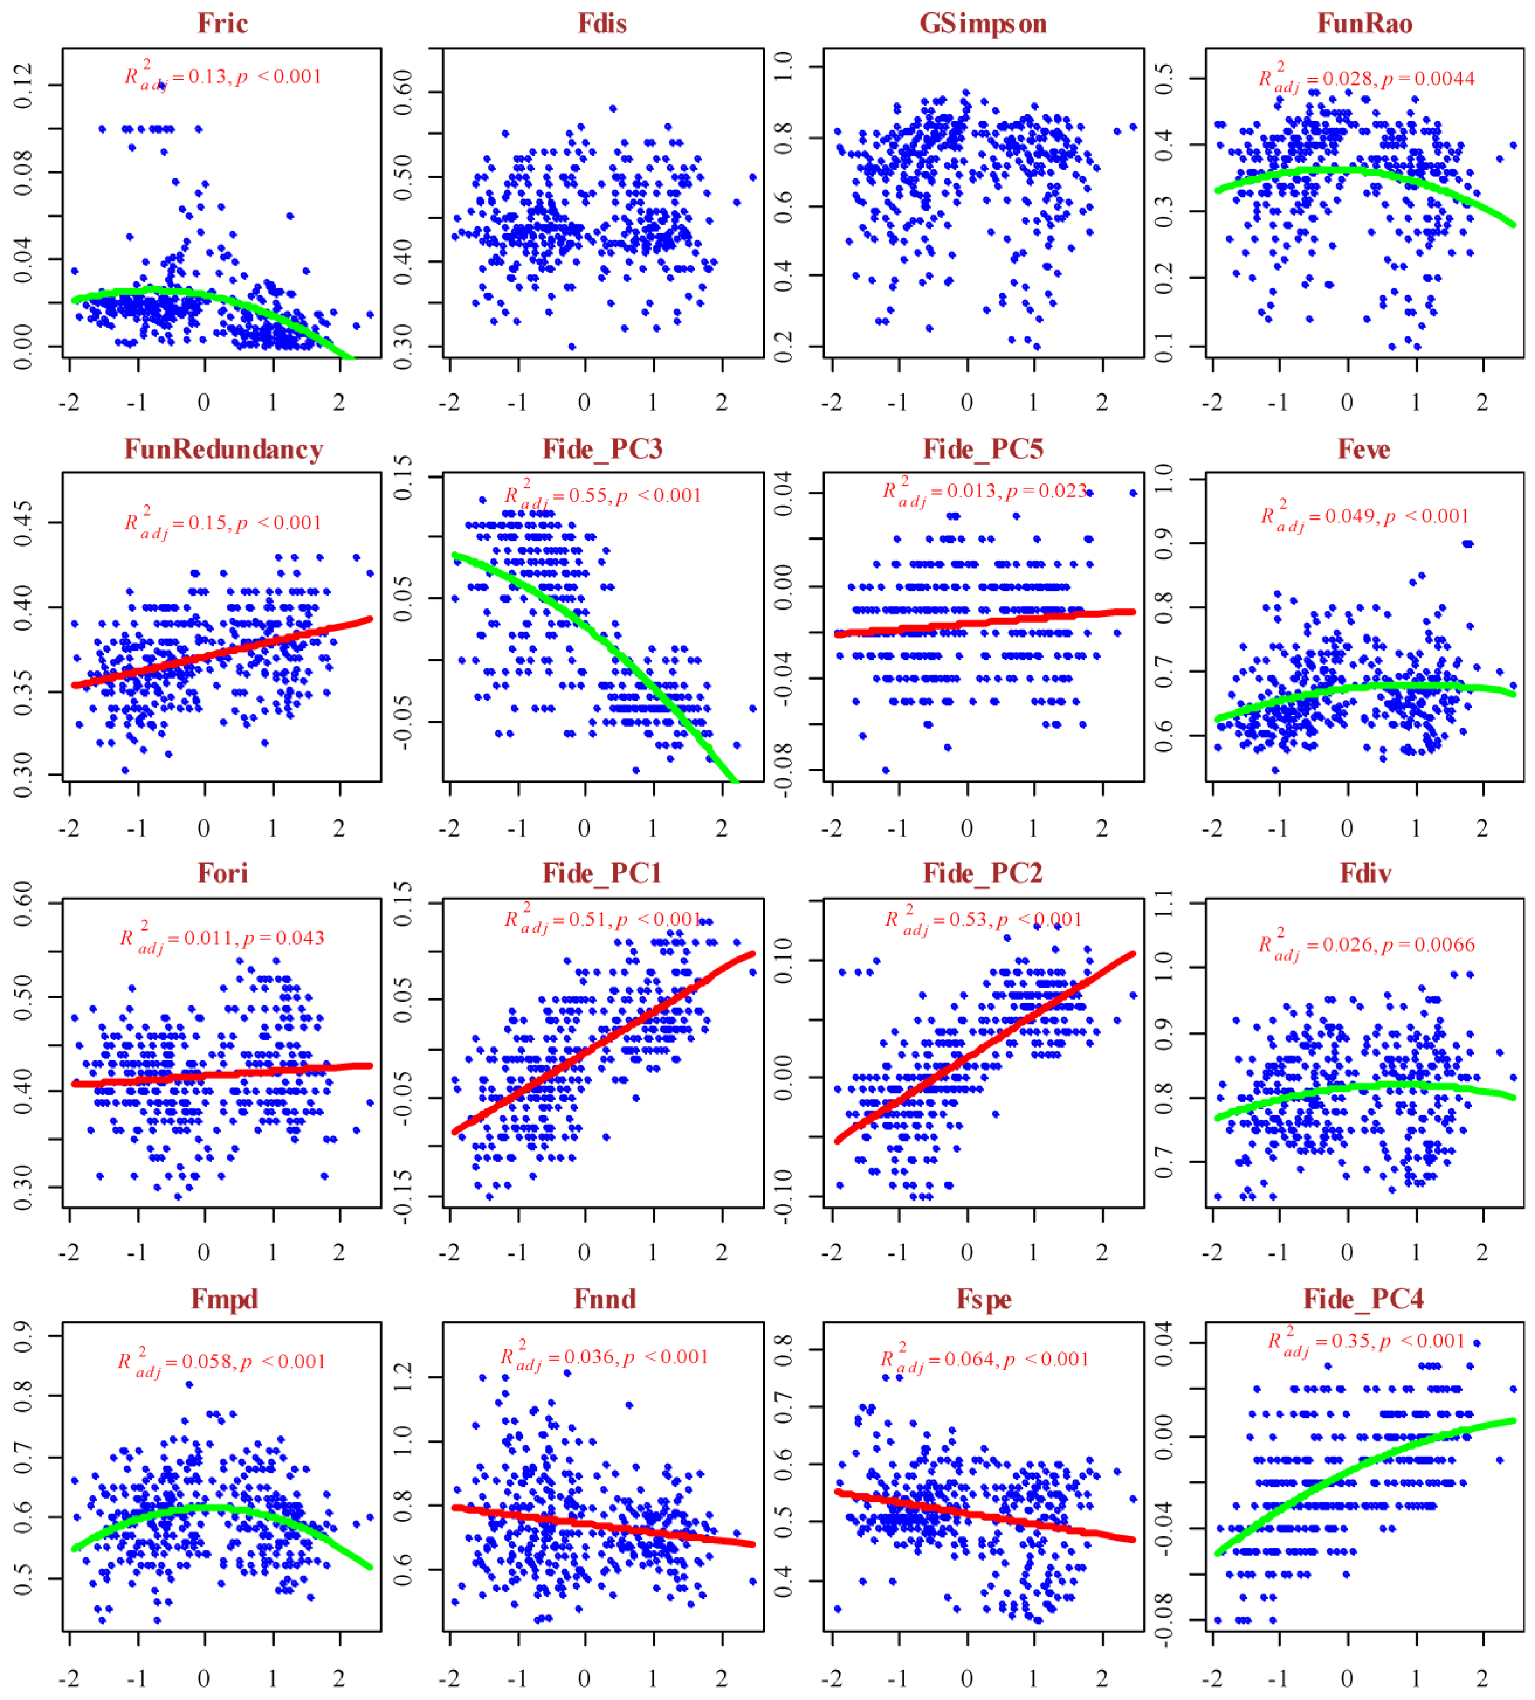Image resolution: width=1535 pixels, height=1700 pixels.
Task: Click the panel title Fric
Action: (223, 23)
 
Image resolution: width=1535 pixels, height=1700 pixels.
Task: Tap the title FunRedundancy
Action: (224, 449)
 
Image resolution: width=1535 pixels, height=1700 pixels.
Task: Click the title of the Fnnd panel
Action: (604, 1299)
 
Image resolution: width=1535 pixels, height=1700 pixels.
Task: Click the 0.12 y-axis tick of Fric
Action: (23, 85)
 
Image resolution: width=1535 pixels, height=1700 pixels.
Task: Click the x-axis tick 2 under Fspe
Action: (1102, 1678)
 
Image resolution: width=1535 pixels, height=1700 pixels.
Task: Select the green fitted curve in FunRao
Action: (1350, 170)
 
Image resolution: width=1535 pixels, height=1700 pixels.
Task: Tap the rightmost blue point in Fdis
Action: (752, 177)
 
